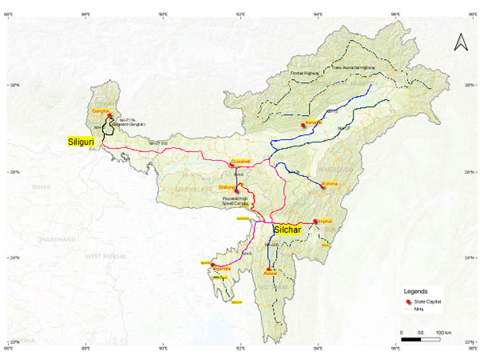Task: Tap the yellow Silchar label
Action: tap(289, 230)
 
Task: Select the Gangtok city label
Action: tap(101, 110)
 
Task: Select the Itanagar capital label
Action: tap(311, 122)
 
